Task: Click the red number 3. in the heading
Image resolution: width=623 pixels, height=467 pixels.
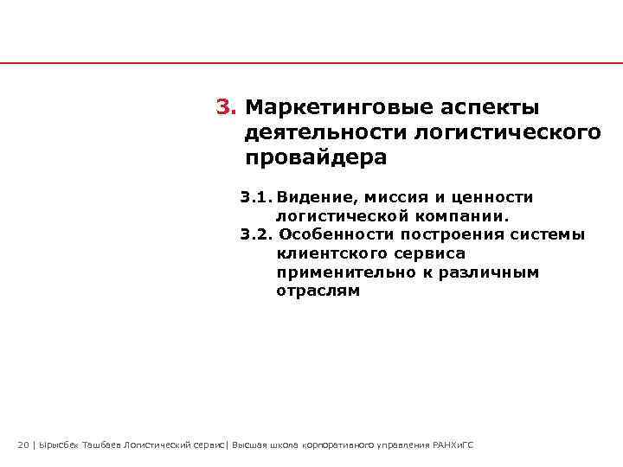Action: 226,107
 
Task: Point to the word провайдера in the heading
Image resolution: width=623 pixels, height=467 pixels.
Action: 317,159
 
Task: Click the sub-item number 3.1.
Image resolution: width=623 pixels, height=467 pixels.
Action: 257,198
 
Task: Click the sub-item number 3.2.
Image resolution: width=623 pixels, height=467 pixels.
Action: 257,234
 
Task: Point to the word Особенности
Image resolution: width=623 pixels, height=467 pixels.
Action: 333,234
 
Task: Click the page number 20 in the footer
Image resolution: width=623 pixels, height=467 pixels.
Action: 23,445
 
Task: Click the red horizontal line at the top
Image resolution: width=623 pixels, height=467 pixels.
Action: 311,63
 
